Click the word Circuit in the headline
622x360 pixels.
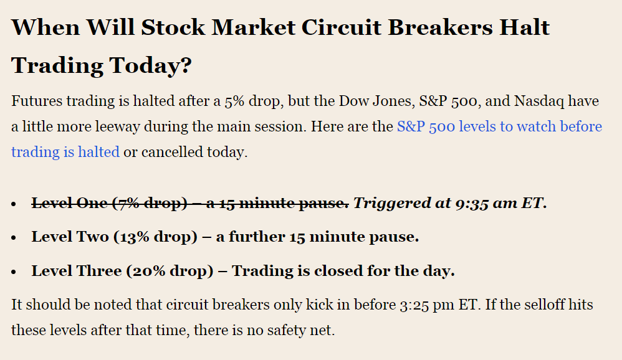pos(341,27)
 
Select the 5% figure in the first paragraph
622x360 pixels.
pos(234,102)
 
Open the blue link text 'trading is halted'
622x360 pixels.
pos(65,152)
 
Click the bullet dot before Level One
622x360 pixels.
pos(14,204)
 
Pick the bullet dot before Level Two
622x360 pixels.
pos(14,238)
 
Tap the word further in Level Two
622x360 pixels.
pos(257,237)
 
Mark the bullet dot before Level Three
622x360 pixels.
pos(14,272)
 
